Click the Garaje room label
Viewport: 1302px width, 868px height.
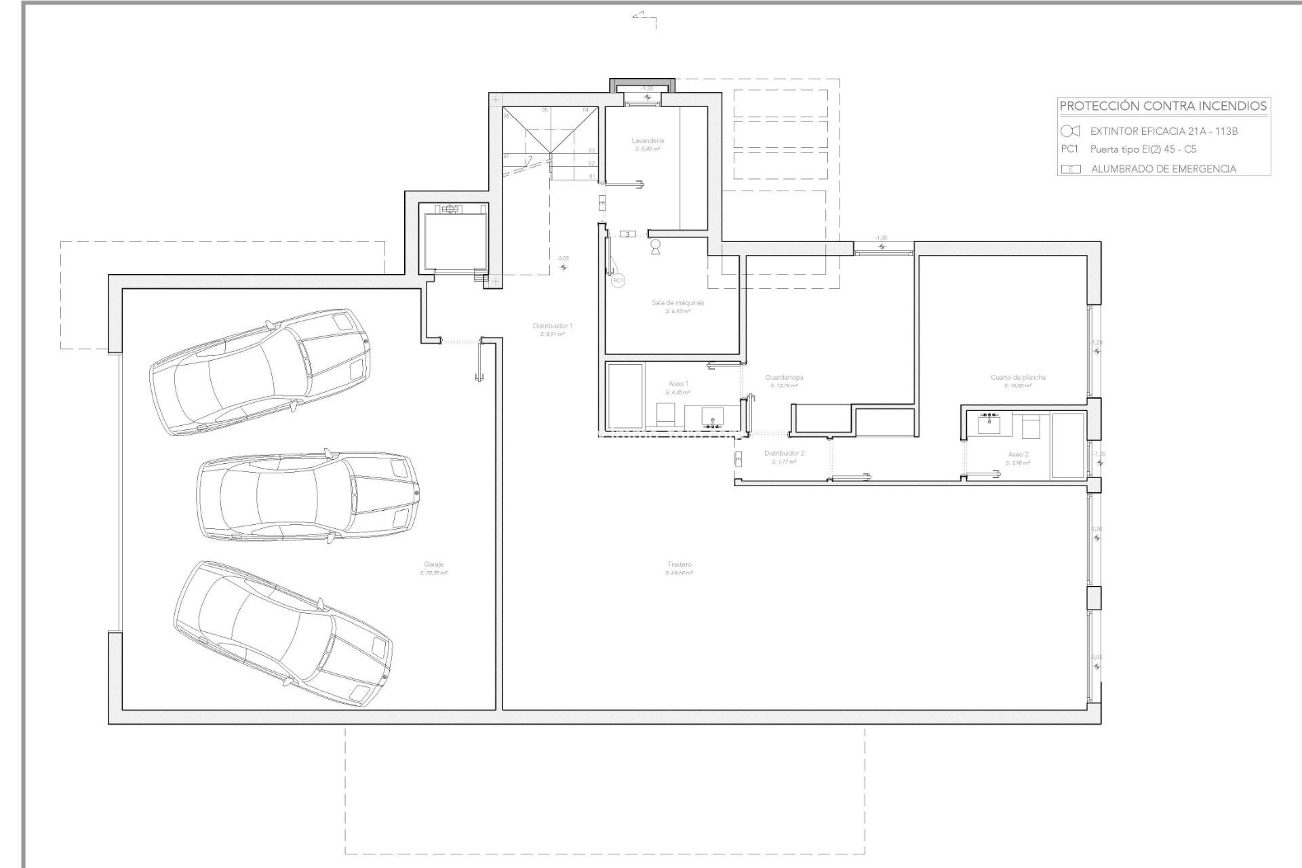click(x=433, y=564)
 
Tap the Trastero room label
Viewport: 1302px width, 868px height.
click(x=679, y=564)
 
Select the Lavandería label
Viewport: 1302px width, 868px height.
click(x=648, y=141)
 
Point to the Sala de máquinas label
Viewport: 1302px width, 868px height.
click(x=677, y=302)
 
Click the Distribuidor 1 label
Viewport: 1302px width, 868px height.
click(x=553, y=326)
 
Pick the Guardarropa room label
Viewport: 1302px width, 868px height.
click(x=784, y=378)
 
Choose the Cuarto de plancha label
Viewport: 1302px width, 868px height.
click(x=1018, y=378)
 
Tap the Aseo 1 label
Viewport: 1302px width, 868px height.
click(x=678, y=384)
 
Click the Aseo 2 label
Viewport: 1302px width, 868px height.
click(x=1018, y=454)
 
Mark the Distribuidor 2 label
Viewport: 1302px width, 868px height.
click(x=784, y=453)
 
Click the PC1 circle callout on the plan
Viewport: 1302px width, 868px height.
click(x=618, y=280)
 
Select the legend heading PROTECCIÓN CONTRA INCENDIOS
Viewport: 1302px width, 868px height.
click(x=1163, y=106)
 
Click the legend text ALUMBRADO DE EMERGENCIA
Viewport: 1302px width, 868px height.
click(x=1163, y=169)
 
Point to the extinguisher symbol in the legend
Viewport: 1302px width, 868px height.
click(x=1070, y=131)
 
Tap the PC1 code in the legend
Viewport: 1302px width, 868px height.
click(x=1069, y=149)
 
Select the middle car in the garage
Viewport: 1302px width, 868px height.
click(x=307, y=498)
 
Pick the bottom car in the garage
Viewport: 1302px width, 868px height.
click(x=282, y=634)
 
